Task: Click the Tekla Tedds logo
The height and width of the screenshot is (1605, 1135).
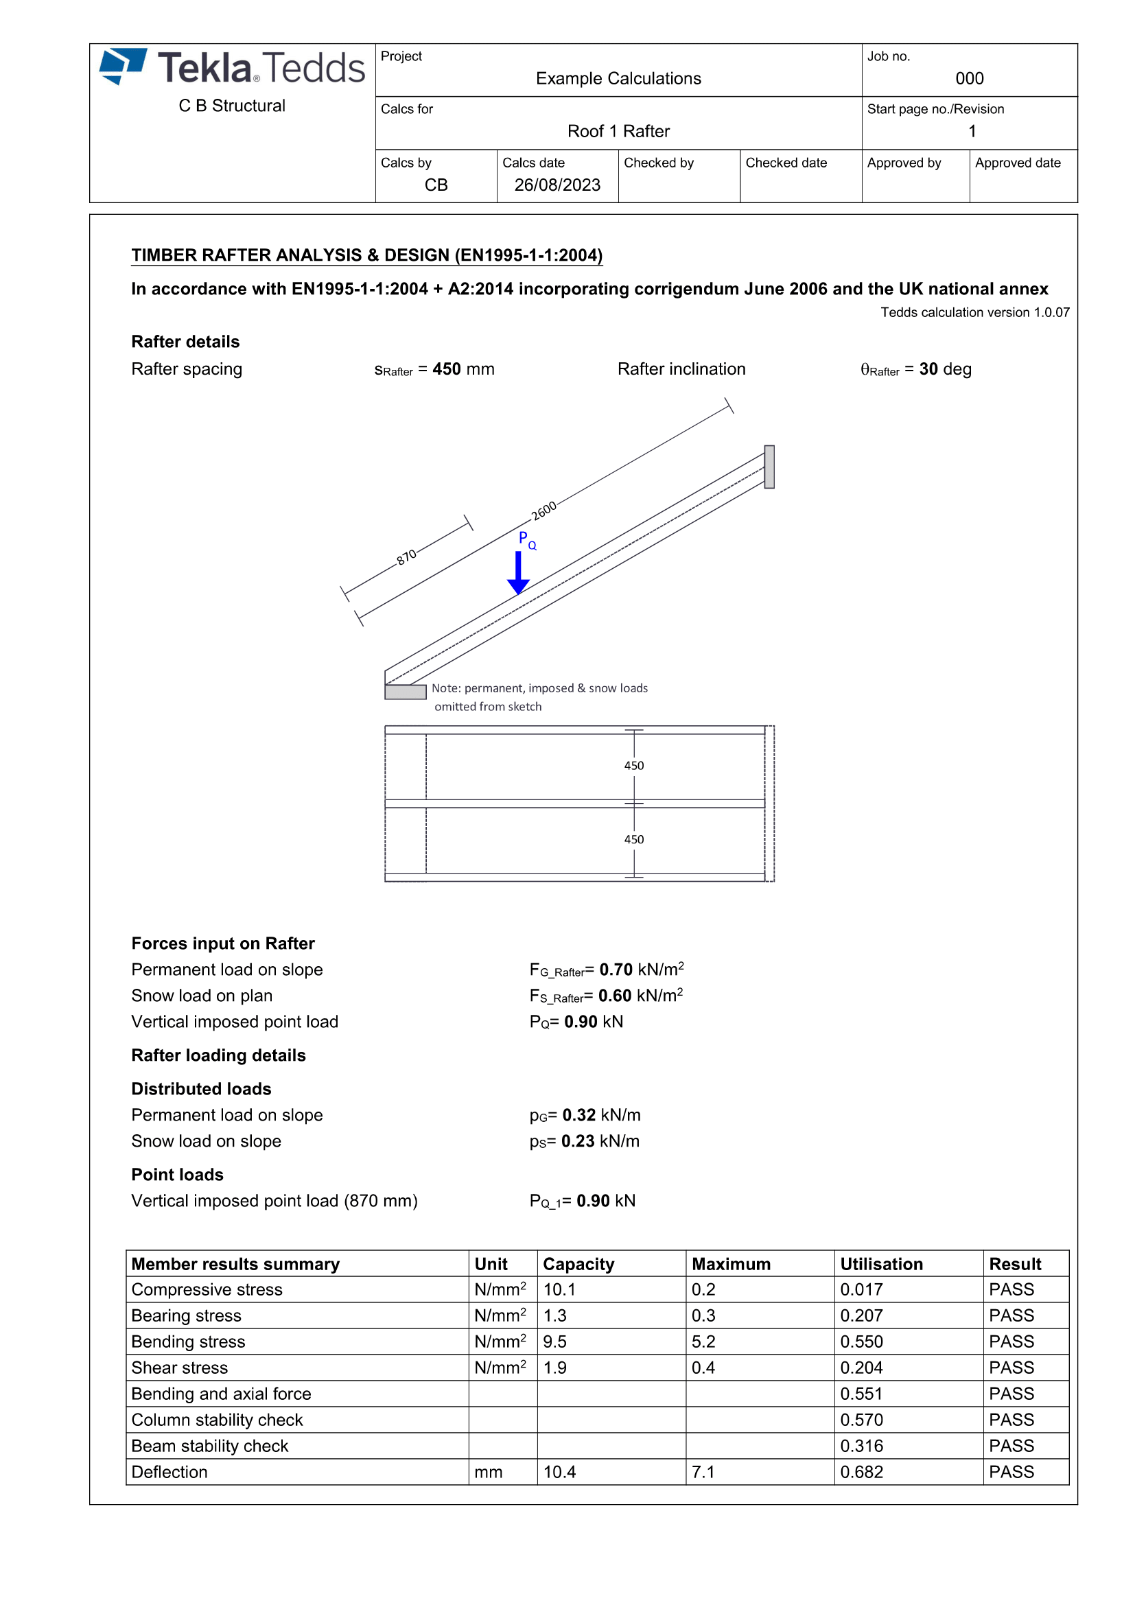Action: [232, 68]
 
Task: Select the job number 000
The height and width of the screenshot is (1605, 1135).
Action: [970, 78]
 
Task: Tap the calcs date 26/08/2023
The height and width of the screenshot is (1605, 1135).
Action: [557, 185]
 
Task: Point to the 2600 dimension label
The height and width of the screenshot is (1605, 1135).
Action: [543, 511]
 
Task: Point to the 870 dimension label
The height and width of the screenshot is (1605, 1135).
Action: [407, 557]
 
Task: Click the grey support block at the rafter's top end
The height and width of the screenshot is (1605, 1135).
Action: [769, 466]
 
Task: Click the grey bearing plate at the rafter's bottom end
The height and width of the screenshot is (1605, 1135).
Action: [406, 692]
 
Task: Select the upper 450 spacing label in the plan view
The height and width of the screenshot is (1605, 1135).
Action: [634, 766]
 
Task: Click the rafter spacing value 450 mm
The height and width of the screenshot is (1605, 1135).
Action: [463, 369]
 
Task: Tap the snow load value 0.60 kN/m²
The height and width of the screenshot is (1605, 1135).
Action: [640, 996]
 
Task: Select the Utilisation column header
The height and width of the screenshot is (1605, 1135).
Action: [881, 1264]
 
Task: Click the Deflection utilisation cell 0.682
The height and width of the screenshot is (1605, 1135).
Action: [862, 1472]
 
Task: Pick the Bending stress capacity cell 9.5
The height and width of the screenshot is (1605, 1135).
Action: [555, 1342]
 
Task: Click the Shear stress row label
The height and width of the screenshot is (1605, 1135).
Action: [180, 1368]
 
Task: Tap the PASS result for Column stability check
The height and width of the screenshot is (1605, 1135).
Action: [1011, 1420]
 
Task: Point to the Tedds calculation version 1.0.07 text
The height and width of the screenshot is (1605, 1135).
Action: [974, 312]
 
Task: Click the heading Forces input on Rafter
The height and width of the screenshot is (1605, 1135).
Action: [223, 944]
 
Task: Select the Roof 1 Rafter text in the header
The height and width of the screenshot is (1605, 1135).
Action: [618, 132]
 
